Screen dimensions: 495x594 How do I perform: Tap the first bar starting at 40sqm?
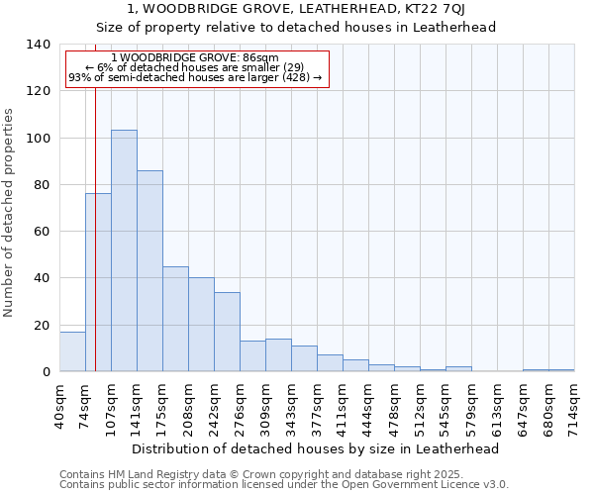(72, 351)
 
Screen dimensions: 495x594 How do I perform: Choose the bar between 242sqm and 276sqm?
(227, 332)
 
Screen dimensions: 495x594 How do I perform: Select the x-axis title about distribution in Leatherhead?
(315, 448)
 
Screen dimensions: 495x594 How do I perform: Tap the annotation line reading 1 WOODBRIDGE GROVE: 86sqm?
(195, 58)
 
